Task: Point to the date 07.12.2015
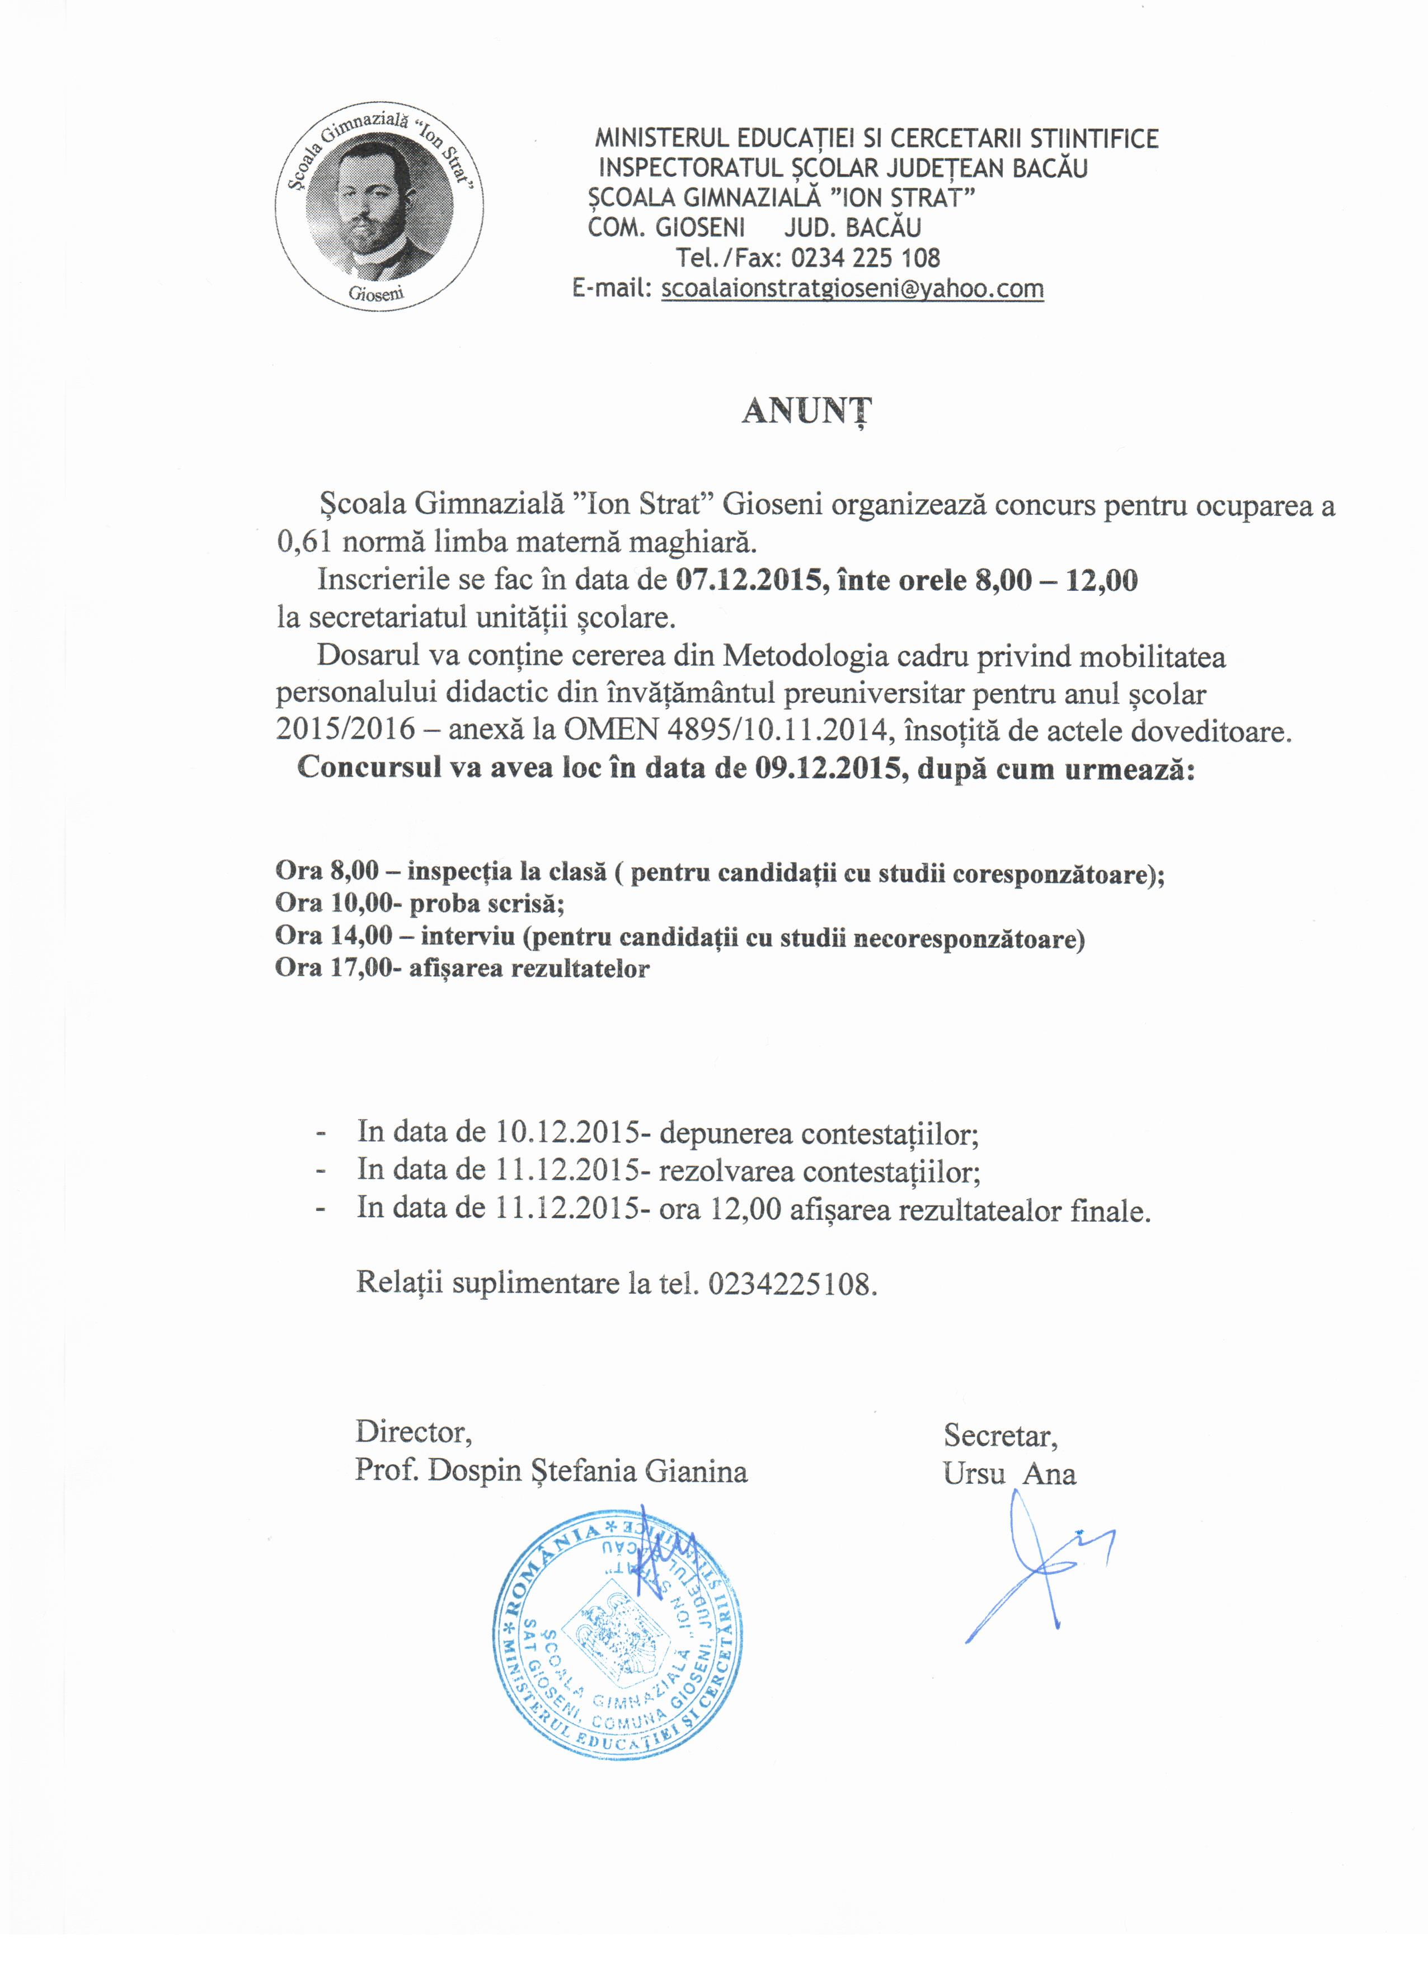click(x=746, y=579)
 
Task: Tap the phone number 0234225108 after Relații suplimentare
click(x=788, y=1282)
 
